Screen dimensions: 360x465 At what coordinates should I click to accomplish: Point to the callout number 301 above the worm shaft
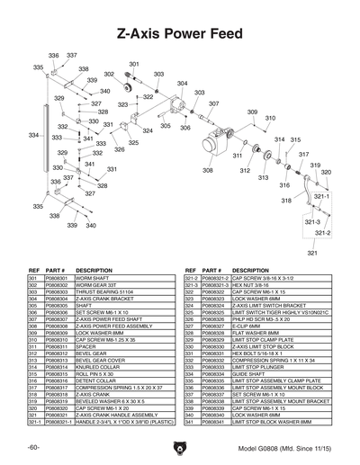134,65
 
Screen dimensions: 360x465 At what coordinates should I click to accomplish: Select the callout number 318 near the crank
286,201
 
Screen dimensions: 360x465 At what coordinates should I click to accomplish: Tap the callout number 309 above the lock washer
252,112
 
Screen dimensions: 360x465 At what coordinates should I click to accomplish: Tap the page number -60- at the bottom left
32,447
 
